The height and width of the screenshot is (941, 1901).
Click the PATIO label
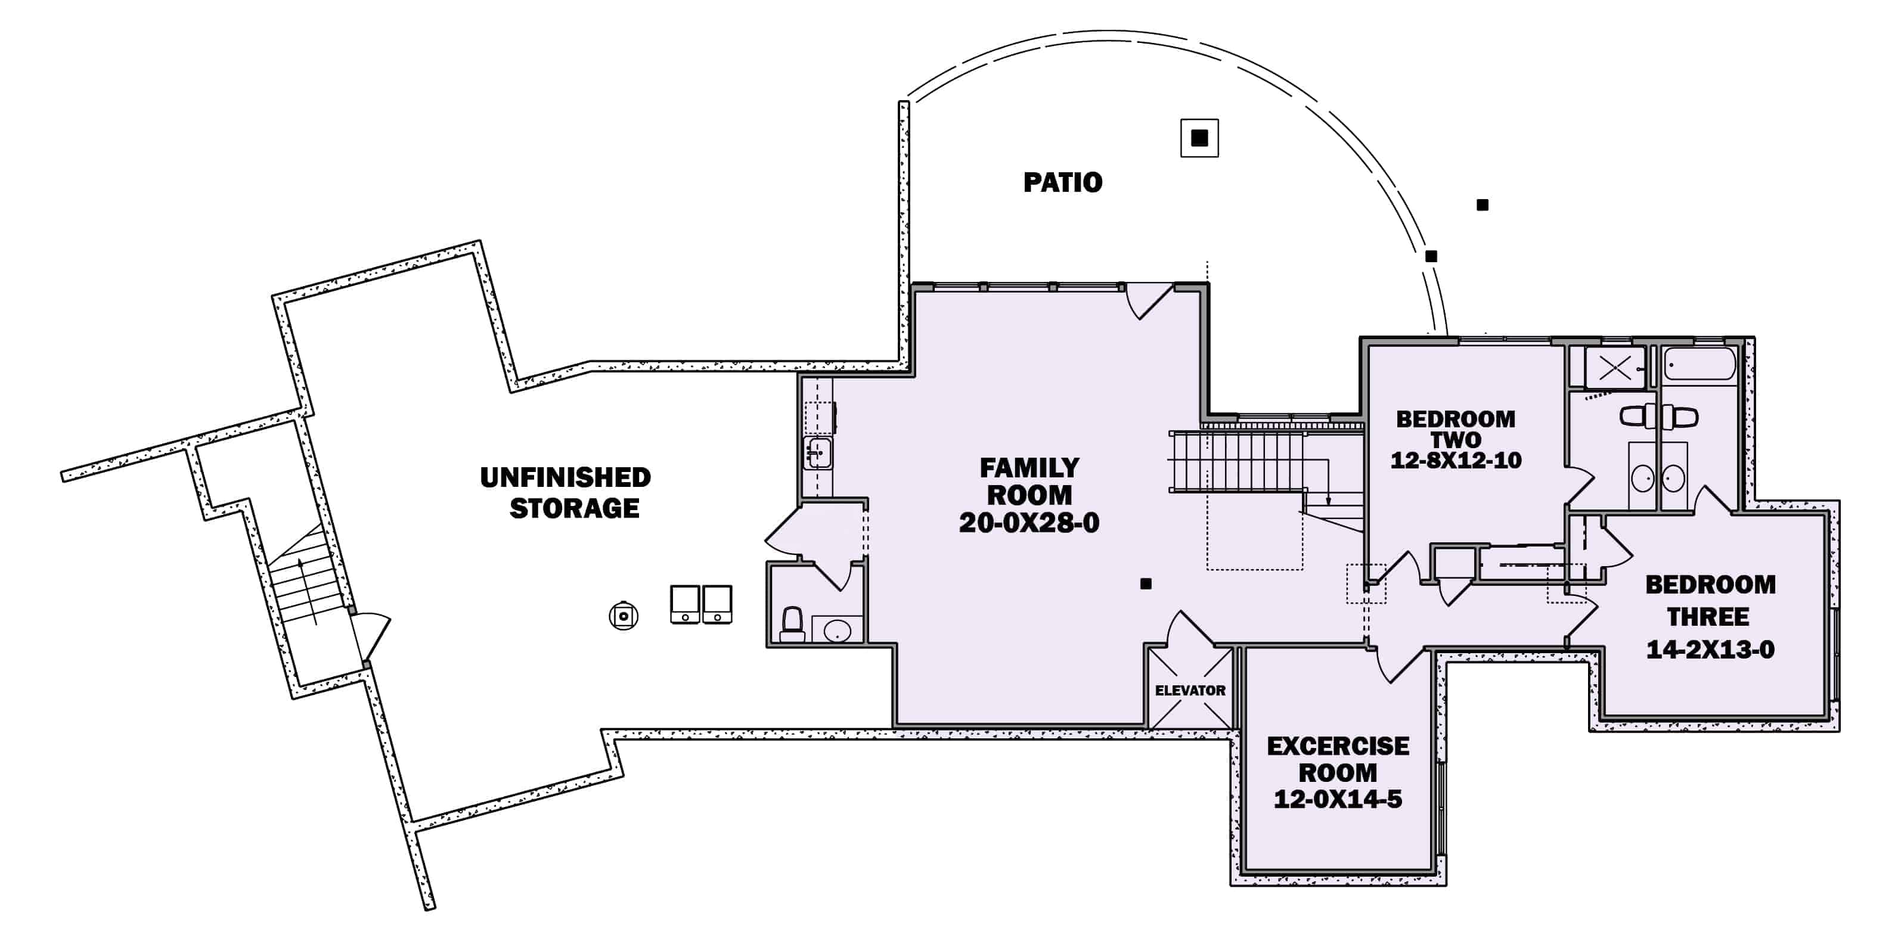(x=1063, y=182)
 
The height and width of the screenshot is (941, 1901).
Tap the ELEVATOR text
(x=1190, y=690)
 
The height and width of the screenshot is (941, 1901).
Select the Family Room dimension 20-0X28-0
(x=1029, y=523)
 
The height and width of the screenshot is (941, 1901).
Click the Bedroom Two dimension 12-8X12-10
(x=1455, y=461)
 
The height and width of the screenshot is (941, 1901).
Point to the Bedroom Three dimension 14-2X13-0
(x=1710, y=650)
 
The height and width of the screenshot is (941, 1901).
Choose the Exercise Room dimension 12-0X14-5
(x=1337, y=799)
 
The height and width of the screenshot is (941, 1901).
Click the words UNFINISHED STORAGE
(x=566, y=492)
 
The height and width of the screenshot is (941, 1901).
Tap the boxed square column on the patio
(x=1199, y=137)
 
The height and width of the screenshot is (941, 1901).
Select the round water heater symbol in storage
(x=624, y=616)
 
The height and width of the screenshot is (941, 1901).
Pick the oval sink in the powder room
(x=837, y=631)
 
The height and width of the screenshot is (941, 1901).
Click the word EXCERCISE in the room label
(x=1337, y=746)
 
